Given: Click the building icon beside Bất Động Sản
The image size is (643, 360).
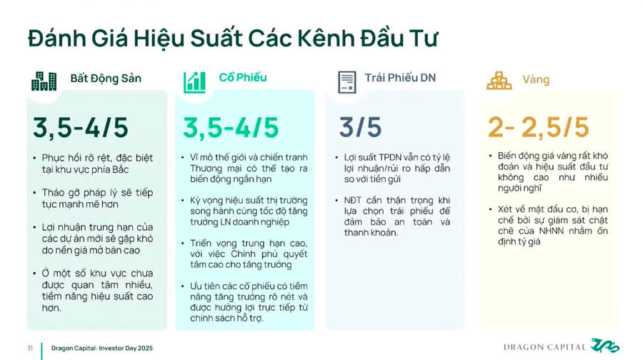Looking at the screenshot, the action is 44,81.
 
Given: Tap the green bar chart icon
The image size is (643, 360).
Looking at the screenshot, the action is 194,82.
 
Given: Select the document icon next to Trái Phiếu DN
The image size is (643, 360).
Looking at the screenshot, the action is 347,82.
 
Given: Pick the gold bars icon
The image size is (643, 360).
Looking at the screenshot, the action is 499,81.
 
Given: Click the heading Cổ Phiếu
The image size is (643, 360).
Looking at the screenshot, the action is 243,77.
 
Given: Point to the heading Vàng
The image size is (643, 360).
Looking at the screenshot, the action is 536,79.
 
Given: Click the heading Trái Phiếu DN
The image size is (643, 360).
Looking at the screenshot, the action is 400,78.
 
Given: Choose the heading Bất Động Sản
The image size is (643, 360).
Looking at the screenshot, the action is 106,79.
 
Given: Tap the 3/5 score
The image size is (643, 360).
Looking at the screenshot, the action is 360,127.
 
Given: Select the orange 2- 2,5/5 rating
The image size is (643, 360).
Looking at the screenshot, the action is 539,127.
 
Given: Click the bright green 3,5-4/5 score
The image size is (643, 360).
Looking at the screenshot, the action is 231,128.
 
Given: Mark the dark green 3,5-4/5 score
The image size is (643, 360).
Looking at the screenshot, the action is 81,128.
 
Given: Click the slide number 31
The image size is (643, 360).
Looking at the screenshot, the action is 30,348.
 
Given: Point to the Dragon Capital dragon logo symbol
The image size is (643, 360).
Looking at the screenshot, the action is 605,345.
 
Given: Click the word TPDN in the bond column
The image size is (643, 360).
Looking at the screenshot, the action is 390,157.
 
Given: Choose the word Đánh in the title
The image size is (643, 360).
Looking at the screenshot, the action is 57,39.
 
